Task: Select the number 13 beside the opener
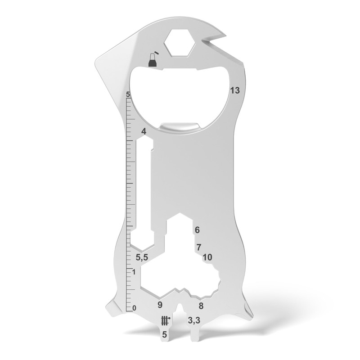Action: (234, 90)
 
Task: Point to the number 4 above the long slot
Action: (144, 131)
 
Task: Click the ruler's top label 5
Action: (128, 95)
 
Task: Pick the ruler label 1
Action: (134, 272)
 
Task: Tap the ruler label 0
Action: (134, 308)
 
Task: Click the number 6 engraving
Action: (197, 230)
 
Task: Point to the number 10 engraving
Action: (207, 257)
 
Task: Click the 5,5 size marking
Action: (142, 257)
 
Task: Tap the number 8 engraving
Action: (201, 306)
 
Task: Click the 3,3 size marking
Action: (194, 320)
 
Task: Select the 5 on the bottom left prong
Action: (165, 334)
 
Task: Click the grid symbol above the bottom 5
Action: (165, 320)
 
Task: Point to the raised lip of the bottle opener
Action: (180, 127)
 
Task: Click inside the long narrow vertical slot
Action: (145, 189)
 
